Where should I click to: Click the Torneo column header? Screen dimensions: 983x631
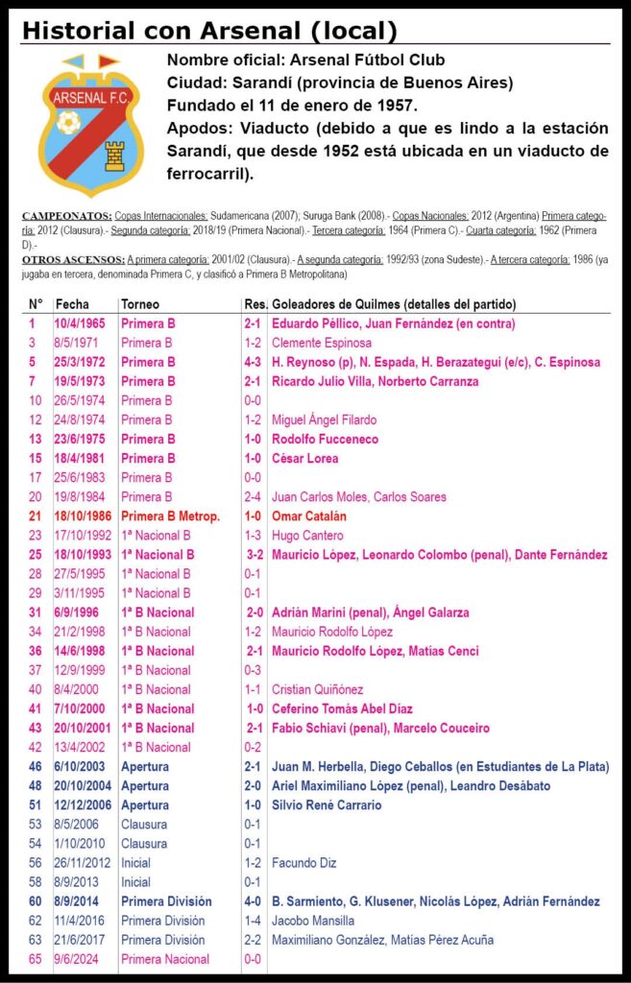point(140,304)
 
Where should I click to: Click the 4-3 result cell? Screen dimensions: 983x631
point(254,362)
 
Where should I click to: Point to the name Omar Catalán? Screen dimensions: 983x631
point(310,516)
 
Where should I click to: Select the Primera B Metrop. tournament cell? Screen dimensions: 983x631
point(170,516)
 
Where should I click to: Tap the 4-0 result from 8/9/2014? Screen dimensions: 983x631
point(254,901)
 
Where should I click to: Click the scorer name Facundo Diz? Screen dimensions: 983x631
point(304,863)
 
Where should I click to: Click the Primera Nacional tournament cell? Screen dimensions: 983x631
point(165,959)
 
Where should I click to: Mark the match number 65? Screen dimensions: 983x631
point(36,959)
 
